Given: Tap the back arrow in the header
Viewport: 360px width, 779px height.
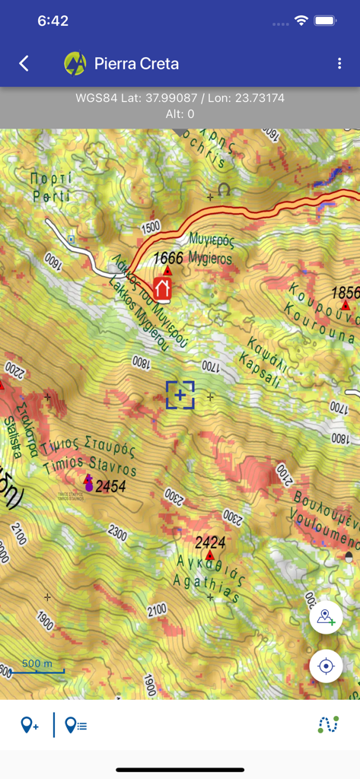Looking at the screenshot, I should [24, 64].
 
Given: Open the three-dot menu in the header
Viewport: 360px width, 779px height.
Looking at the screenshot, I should [339, 64].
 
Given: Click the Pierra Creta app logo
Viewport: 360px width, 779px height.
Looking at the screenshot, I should [75, 64].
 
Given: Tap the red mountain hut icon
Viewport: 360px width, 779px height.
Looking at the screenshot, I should [162, 288].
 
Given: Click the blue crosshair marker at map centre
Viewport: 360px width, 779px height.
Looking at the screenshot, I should [180, 396].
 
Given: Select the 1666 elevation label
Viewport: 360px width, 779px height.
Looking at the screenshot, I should [168, 258].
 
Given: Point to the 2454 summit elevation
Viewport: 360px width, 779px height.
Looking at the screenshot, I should [110, 485].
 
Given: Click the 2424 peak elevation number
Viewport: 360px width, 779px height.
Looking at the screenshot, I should [210, 542].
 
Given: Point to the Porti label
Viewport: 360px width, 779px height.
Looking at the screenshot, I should [51, 187].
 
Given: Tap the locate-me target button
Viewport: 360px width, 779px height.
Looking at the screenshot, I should [327, 666].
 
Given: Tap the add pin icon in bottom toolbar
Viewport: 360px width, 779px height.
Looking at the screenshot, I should [30, 725].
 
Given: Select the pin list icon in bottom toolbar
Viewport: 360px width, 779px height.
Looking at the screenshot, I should [75, 725].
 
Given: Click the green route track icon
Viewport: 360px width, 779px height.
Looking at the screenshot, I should [328, 725].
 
